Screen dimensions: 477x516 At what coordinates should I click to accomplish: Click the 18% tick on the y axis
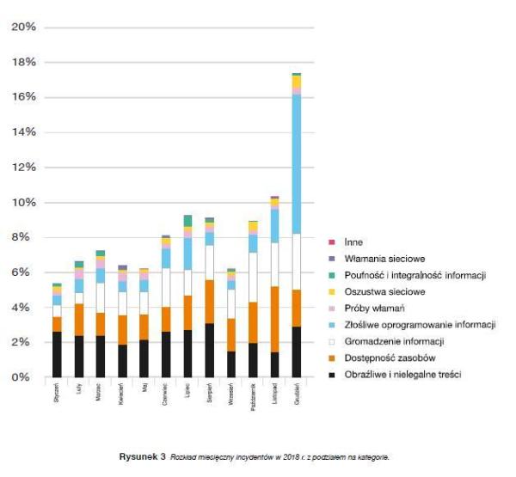pos(24,62)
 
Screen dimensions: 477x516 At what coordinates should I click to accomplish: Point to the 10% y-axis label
pos(24,202)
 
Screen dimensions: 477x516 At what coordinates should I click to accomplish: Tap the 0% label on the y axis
pos(27,377)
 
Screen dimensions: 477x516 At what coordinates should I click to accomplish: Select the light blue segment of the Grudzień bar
pos(297,163)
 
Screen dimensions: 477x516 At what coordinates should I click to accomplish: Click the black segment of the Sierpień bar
pos(210,350)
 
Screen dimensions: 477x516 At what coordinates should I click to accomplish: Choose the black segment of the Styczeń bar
pos(57,354)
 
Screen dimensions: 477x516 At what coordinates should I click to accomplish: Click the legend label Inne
pos(352,242)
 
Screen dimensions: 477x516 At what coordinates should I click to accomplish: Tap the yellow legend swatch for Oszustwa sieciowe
pos(331,292)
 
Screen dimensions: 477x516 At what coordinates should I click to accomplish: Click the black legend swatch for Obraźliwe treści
pos(331,374)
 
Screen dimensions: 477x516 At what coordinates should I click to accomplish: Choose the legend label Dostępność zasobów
pos(385,358)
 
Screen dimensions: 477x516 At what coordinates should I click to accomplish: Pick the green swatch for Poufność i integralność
pos(331,275)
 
